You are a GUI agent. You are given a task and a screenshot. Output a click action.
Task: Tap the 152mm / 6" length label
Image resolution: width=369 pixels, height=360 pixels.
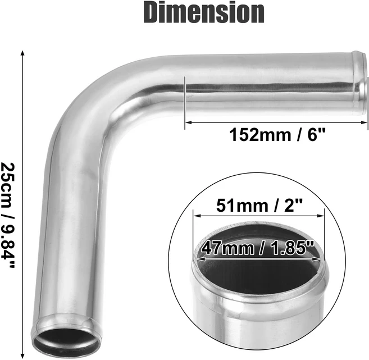[x=277, y=135]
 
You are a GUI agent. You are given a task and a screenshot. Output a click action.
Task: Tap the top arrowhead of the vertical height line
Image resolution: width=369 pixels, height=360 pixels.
[x=22, y=52]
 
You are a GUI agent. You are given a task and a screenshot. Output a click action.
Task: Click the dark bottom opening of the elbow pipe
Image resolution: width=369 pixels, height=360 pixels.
[x=60, y=343]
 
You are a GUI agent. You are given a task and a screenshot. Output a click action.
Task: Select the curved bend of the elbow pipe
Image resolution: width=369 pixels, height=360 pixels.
[x=101, y=101]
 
